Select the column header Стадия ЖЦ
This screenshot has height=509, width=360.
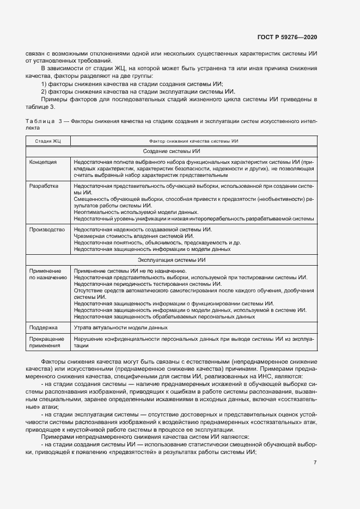pyautogui.click(x=48, y=141)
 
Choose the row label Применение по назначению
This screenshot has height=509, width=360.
pyautogui.click(x=48, y=274)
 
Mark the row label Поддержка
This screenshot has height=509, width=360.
pyautogui.click(x=44, y=328)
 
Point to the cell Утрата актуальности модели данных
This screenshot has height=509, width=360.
pyautogui.click(x=120, y=328)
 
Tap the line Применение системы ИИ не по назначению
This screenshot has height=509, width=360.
pyautogui.click(x=131, y=271)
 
